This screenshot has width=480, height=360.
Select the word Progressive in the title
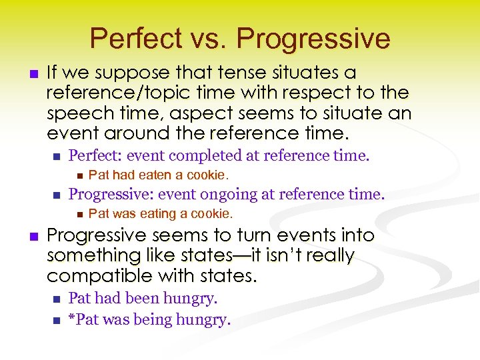tap(313, 39)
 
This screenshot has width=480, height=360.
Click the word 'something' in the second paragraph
tap(88, 255)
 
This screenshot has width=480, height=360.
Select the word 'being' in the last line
tap(153, 320)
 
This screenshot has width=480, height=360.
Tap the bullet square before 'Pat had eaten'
tap(78, 175)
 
